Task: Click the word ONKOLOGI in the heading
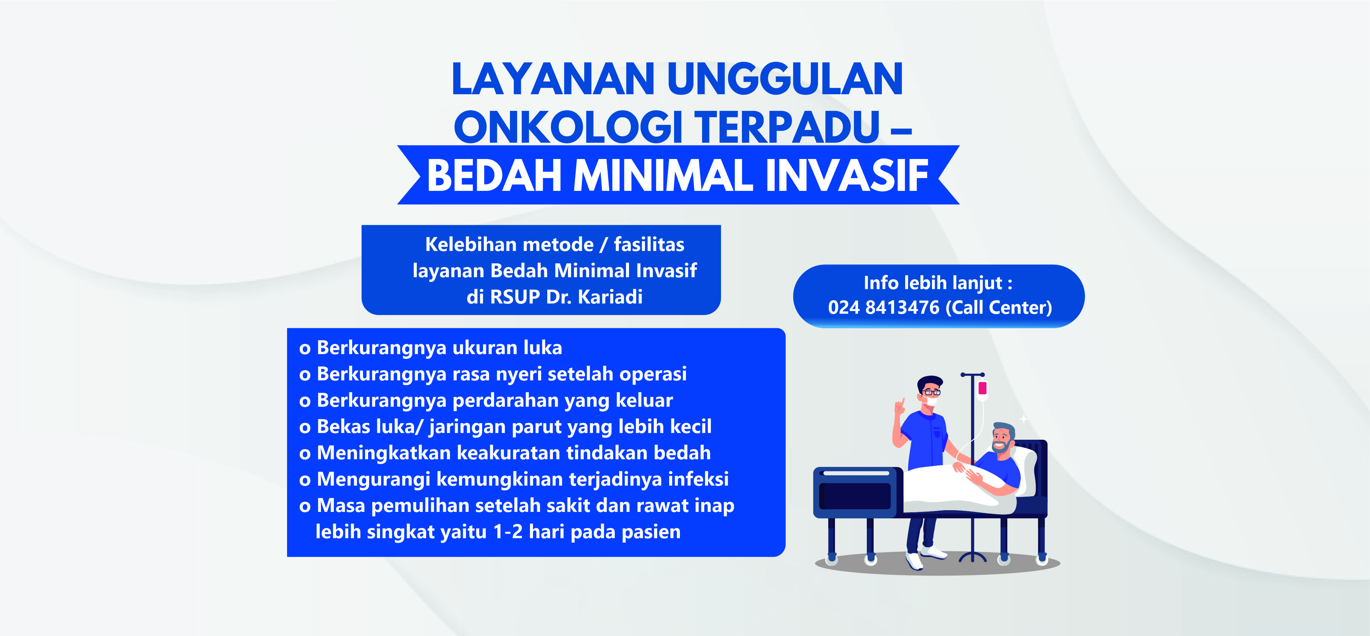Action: click(x=568, y=127)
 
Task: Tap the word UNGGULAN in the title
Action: click(x=785, y=79)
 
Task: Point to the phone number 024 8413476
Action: click(x=883, y=307)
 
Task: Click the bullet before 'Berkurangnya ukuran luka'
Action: click(x=305, y=349)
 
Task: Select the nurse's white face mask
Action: click(x=930, y=401)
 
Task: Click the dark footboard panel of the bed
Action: click(x=856, y=495)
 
